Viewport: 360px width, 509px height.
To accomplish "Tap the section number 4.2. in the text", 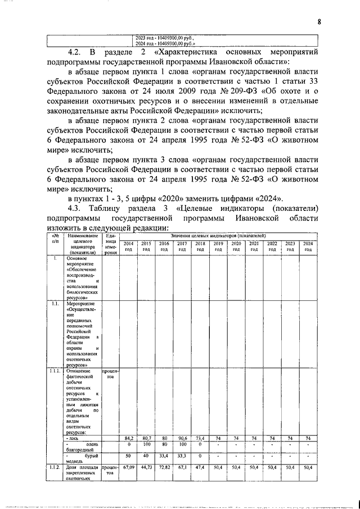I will [x=77, y=52].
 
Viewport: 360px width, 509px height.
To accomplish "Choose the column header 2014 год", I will [x=128, y=246].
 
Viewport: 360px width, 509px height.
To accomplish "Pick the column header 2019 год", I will [x=218, y=246].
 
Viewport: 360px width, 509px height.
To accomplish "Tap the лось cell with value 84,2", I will [x=128, y=438].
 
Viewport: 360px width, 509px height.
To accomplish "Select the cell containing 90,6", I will [x=182, y=438].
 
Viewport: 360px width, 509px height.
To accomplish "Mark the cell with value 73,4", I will [x=200, y=438].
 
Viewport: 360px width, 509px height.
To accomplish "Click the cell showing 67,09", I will [x=128, y=467].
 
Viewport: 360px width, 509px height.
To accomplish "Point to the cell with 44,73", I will [x=146, y=467].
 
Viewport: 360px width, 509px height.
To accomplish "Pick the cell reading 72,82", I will [x=164, y=467].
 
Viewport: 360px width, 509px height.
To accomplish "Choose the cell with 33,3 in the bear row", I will [x=182, y=456].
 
